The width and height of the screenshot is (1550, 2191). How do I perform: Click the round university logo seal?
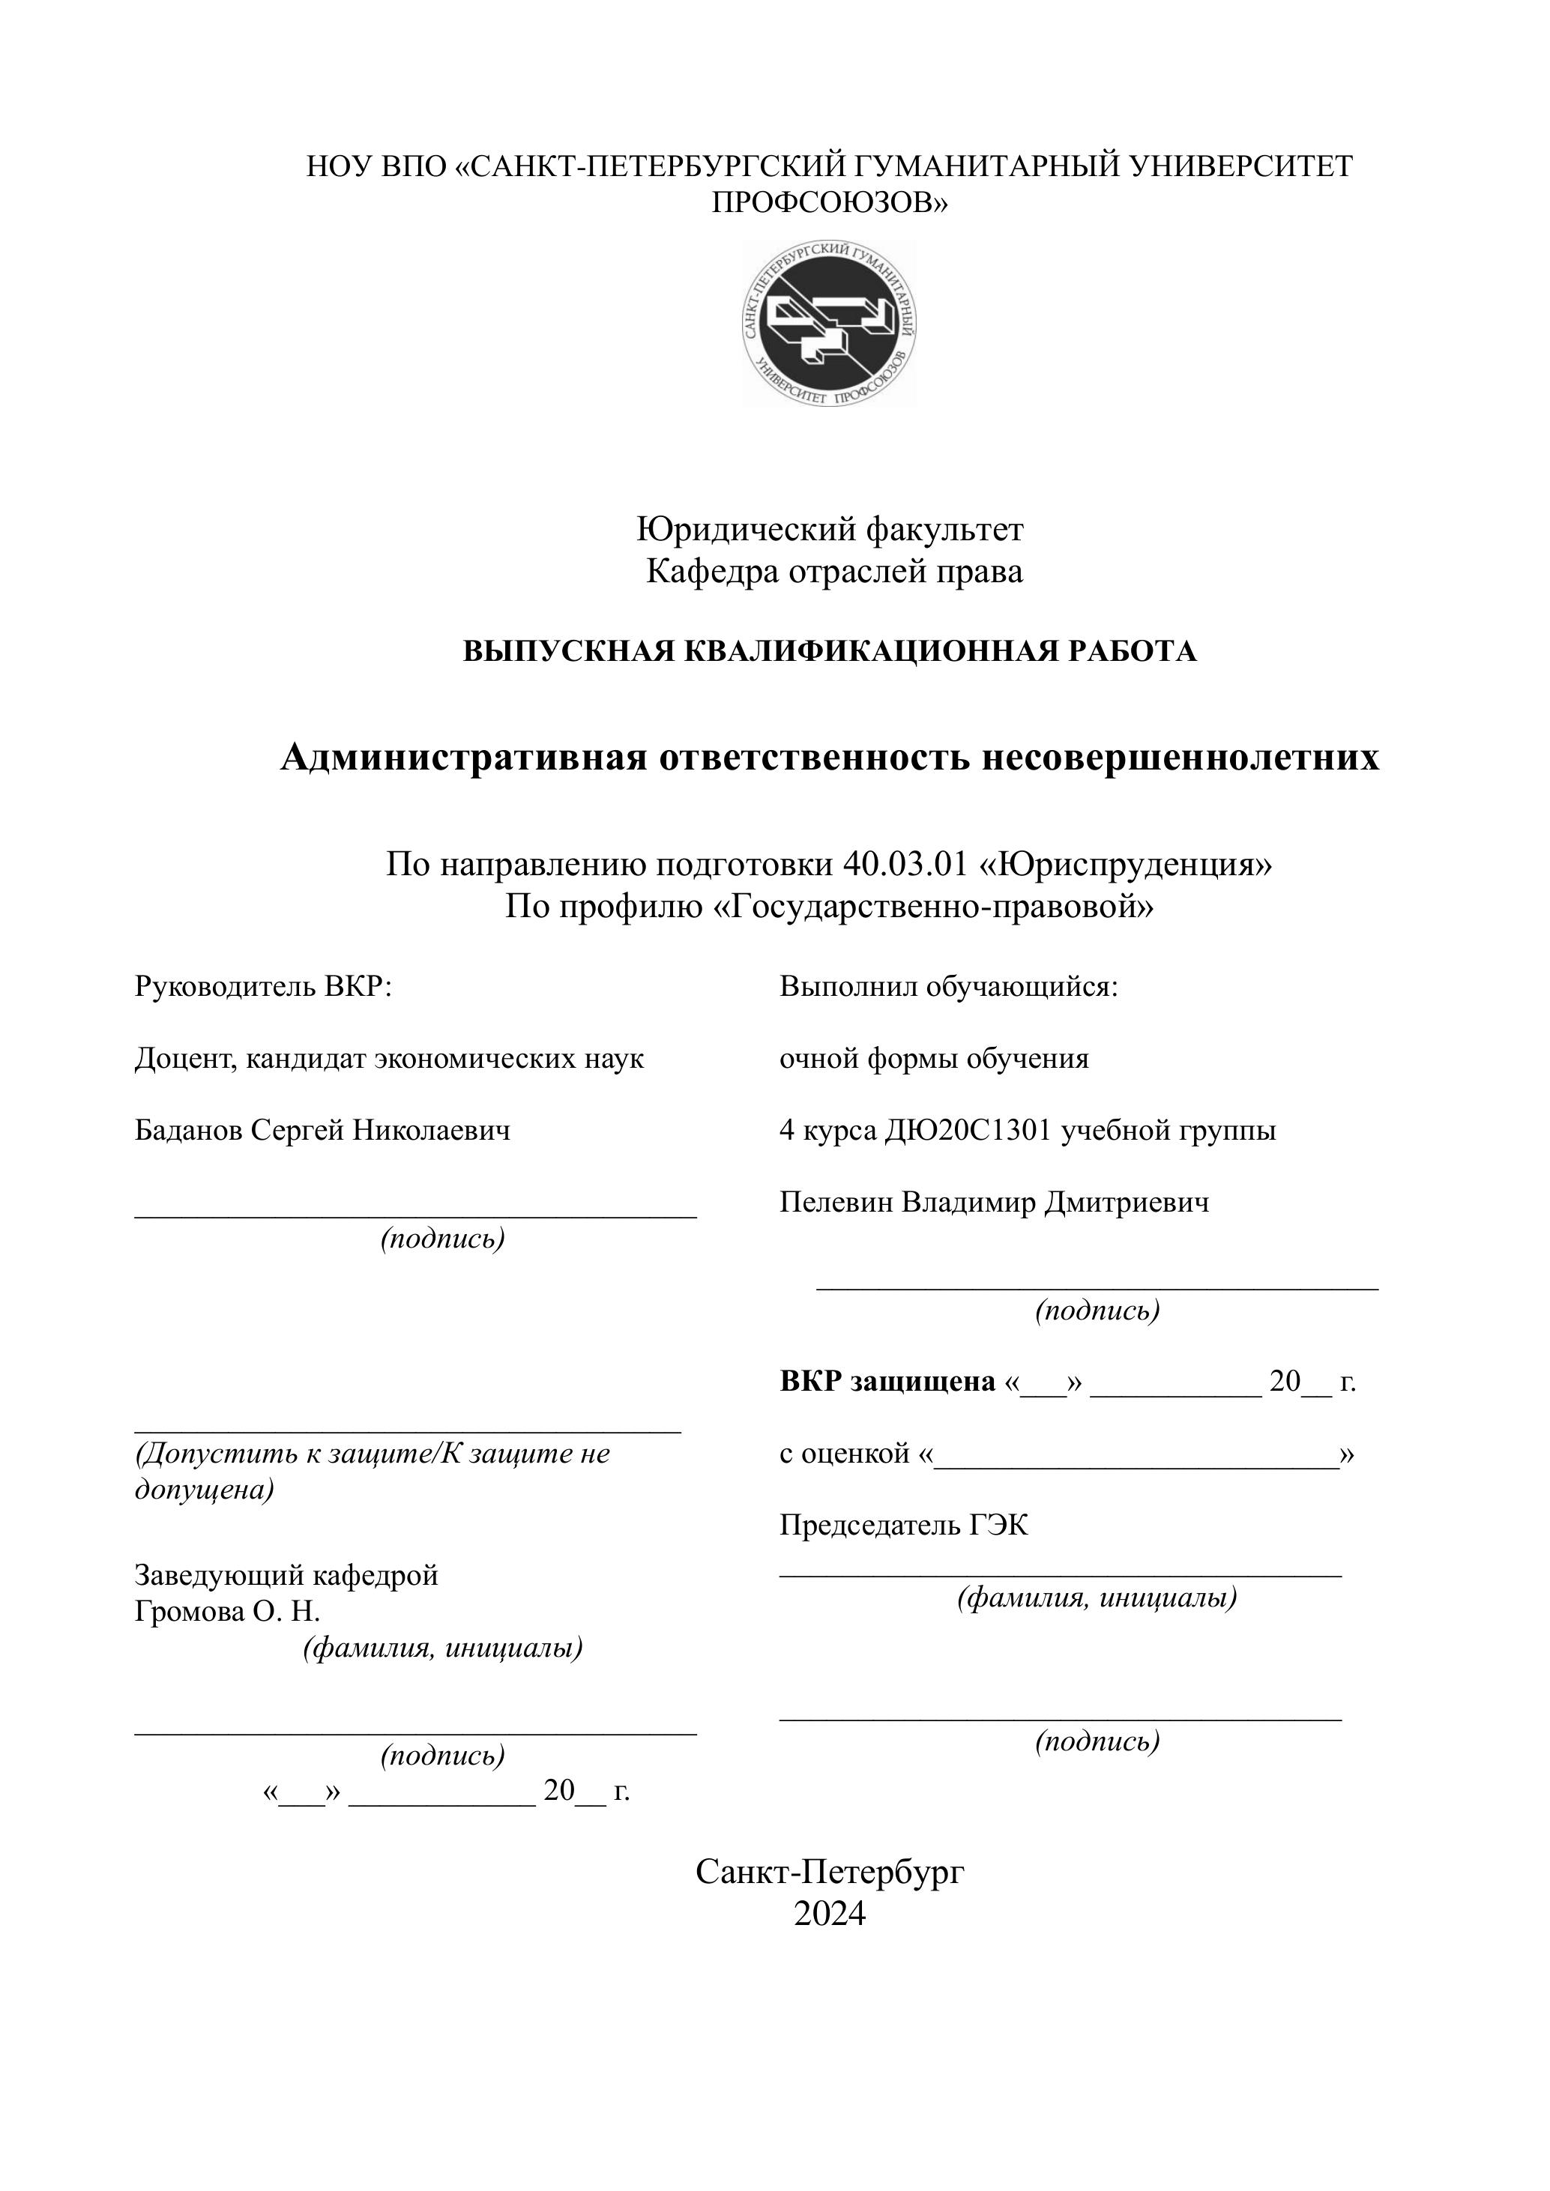click(830, 324)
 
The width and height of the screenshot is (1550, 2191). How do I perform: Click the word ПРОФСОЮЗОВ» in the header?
click(830, 202)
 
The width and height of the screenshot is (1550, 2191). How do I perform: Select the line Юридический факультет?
click(830, 529)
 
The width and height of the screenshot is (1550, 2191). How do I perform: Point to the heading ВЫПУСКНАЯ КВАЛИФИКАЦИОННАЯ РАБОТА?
click(830, 652)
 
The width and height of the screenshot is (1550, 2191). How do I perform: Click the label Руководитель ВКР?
click(263, 986)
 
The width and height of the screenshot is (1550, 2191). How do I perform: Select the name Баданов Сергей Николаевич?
click(322, 1130)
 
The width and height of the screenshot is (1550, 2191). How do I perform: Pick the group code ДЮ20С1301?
click(968, 1130)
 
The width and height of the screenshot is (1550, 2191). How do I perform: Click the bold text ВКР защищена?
click(887, 1381)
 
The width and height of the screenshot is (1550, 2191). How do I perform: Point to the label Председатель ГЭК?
click(903, 1525)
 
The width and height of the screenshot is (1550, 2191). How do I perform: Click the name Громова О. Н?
click(227, 1612)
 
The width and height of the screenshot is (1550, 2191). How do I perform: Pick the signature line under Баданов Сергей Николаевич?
click(415, 1215)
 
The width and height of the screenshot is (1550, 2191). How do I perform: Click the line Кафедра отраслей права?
click(834, 572)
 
